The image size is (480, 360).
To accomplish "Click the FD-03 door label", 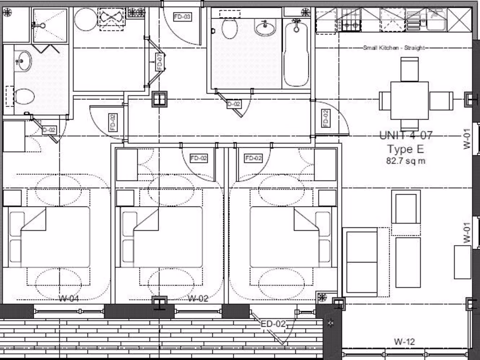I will pos(182,17).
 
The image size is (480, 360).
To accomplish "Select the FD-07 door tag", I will pos(159,62).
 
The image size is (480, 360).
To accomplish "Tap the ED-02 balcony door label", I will pos(273,324).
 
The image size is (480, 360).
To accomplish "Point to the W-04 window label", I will pos(68,299).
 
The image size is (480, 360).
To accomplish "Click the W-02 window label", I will pos(197,299).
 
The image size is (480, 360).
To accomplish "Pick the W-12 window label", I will pos(404,342).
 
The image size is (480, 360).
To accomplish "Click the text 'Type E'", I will pos(405,150).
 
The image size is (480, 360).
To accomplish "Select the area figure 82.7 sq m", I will pos(405,161).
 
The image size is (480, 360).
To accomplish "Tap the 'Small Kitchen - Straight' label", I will pos(394,47).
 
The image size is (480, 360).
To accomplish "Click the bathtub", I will pos(296,52).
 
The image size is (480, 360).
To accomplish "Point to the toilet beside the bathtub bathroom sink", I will pos(229,29).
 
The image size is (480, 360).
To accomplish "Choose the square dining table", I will pos(409,100).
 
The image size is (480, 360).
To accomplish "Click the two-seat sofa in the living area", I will pos(360,262).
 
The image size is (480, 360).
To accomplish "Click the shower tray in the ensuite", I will pos(50,25).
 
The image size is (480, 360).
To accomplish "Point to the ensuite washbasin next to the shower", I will pos(22,61).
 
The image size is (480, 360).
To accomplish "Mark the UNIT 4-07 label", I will pos(405,136).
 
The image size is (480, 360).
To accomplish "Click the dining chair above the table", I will pos(409,69).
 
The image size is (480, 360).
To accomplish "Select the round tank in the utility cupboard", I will pos(85,20).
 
